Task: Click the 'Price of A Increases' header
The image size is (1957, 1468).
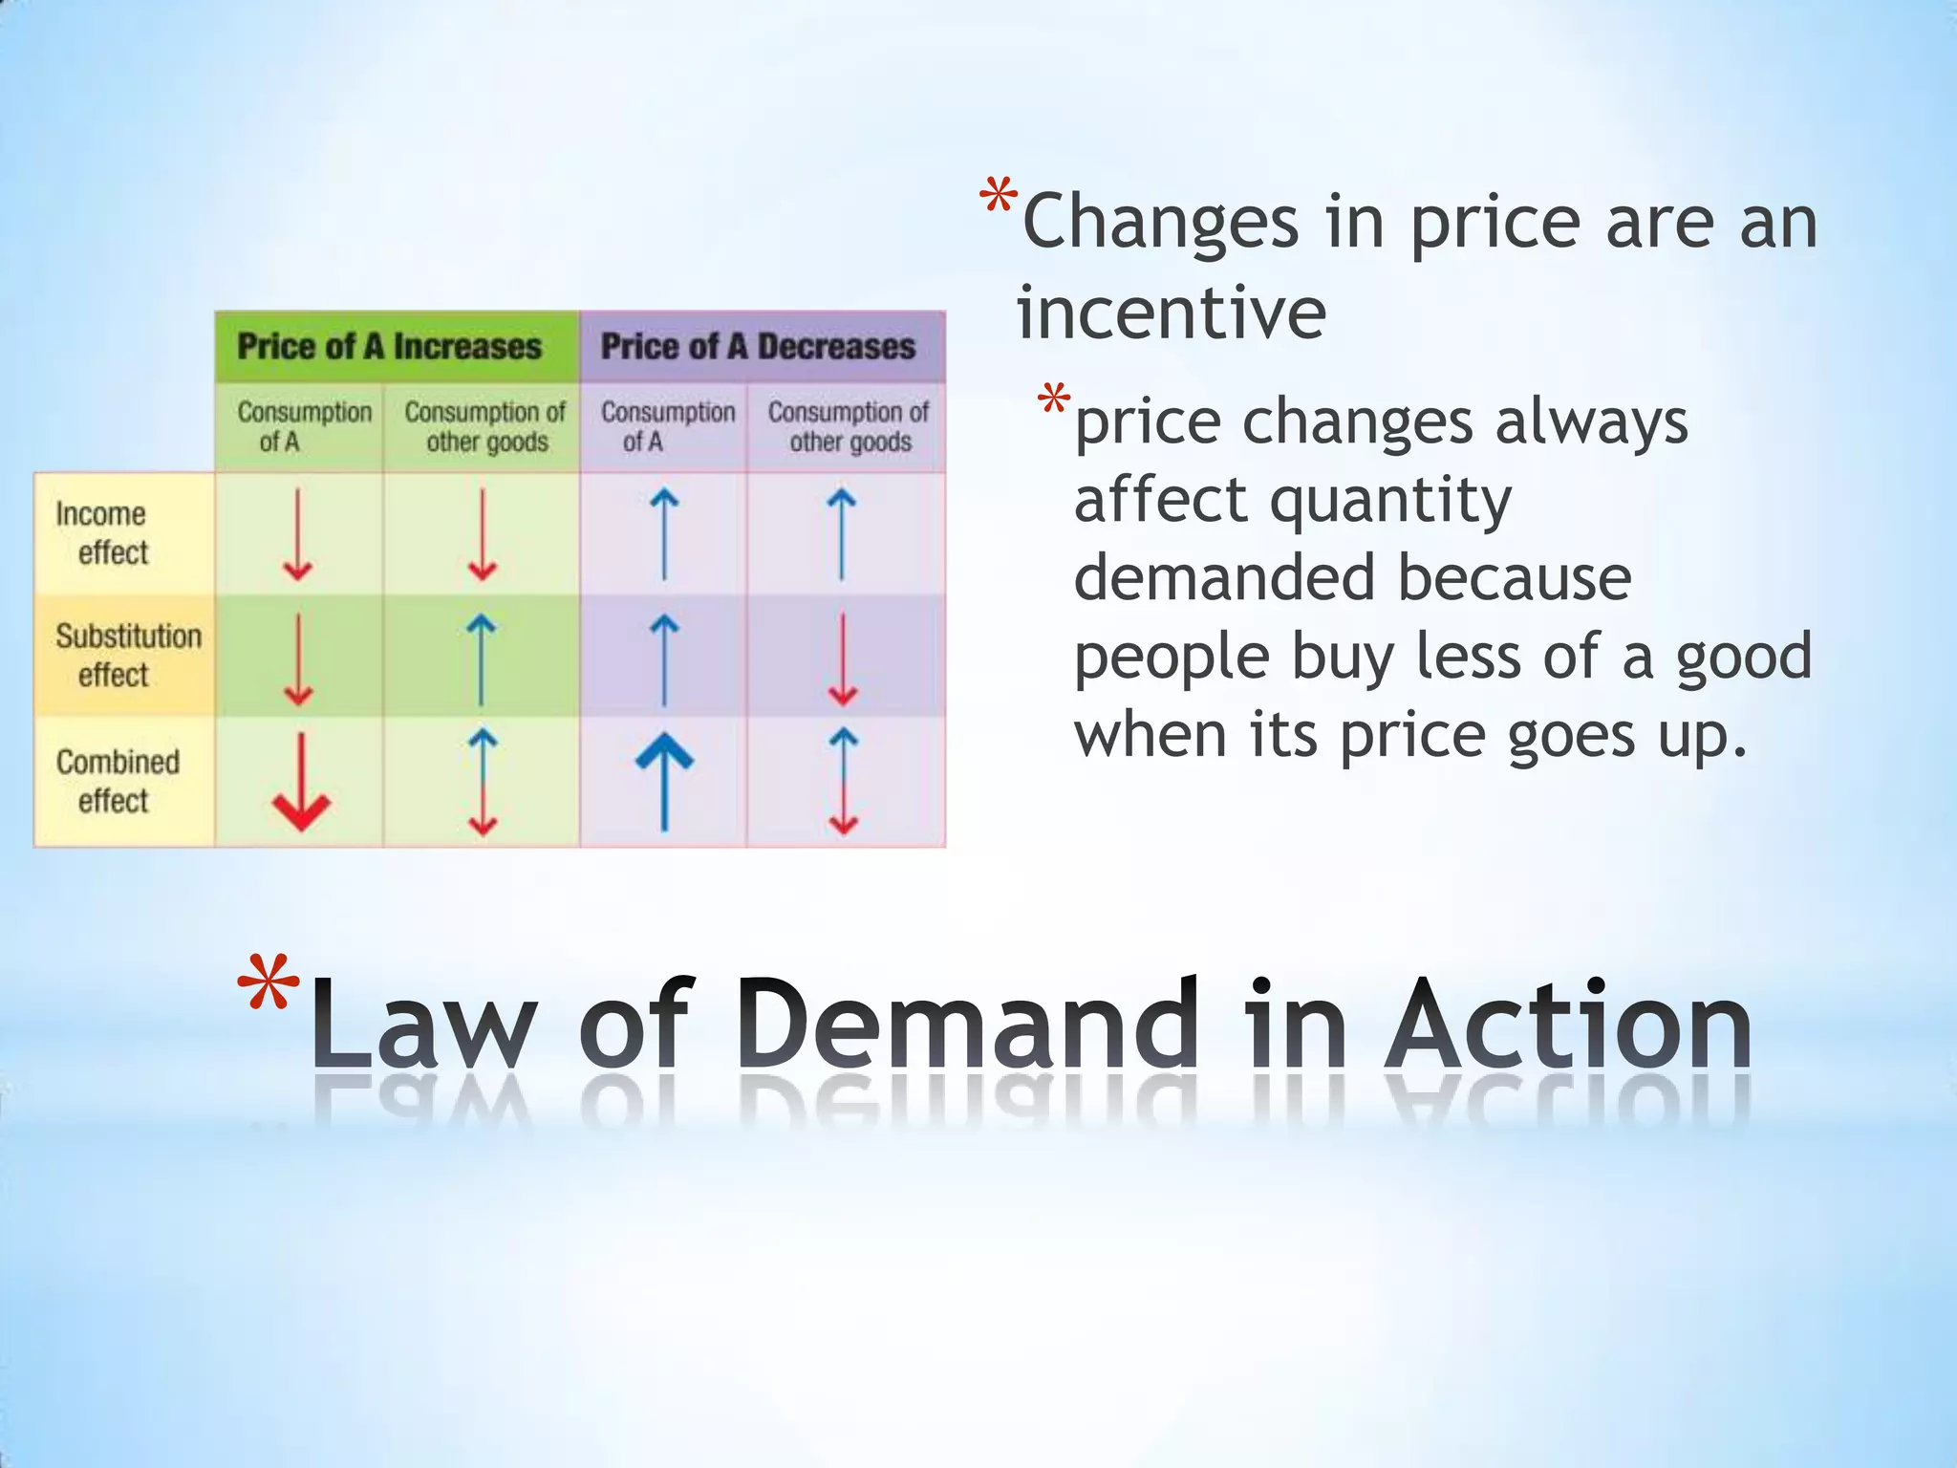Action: [x=389, y=346]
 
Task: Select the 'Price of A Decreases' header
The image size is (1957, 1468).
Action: [x=758, y=346]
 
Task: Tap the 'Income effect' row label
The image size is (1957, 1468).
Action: [x=103, y=533]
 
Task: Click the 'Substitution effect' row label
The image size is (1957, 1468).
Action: [x=127, y=656]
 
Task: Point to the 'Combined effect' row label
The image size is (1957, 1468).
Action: [x=118, y=781]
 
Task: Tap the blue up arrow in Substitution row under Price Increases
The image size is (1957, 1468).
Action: [x=481, y=659]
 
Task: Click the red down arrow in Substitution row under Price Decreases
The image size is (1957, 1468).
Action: [x=842, y=659]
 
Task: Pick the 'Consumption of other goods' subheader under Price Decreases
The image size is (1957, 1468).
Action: [x=849, y=426]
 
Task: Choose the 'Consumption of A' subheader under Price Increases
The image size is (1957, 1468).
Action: [x=304, y=426]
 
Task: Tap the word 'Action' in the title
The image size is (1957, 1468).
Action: [x=1567, y=1025]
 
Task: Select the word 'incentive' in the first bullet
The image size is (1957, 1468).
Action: [x=1172, y=313]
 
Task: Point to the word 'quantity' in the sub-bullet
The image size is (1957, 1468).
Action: [x=1390, y=501]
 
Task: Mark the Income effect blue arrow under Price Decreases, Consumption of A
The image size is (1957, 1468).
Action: [x=664, y=534]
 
